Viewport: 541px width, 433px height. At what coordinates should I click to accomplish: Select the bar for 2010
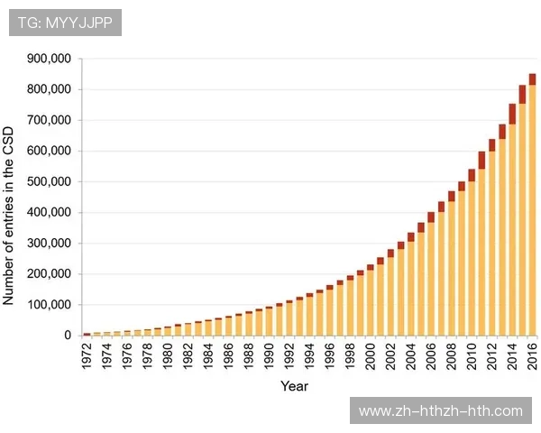(x=472, y=262)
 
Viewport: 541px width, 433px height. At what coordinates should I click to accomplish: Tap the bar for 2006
(x=431, y=280)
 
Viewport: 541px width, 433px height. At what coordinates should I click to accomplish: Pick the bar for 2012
(x=491, y=244)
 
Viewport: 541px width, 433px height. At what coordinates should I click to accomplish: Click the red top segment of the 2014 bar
(x=512, y=114)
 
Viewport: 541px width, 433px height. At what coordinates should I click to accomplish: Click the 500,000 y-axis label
(x=50, y=182)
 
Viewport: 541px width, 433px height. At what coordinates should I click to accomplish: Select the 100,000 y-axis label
(x=50, y=305)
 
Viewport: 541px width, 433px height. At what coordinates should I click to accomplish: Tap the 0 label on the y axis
(x=67, y=336)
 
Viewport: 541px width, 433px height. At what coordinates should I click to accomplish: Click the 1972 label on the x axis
(x=87, y=353)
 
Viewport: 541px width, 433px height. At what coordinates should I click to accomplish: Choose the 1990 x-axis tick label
(x=269, y=353)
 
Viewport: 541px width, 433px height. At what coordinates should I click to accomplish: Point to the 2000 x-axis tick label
(x=371, y=353)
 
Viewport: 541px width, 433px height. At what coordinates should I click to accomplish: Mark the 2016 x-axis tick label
(x=533, y=353)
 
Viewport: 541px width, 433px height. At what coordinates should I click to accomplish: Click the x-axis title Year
(x=294, y=386)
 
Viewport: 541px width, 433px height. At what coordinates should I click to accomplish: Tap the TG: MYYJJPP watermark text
(x=65, y=23)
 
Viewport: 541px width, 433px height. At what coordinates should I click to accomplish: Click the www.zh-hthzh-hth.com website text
(x=440, y=411)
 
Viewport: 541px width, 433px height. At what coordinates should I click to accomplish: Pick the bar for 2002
(x=390, y=298)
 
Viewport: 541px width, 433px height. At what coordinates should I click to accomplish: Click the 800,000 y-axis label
(x=50, y=90)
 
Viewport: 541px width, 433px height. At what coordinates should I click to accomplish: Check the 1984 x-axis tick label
(x=208, y=353)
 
